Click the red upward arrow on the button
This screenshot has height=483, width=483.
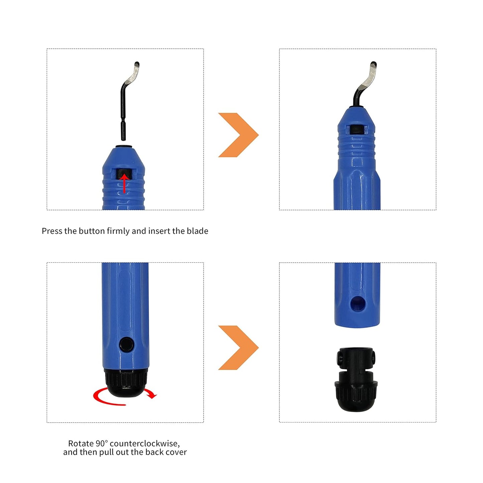click(124, 184)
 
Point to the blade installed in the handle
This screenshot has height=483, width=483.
click(364, 84)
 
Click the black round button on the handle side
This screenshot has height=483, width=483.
click(126, 344)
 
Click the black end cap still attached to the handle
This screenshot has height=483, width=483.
click(126, 383)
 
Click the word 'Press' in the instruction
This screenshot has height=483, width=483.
click(52, 231)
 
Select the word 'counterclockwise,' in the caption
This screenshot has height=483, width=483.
click(145, 444)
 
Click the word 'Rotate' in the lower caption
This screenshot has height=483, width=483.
click(81, 444)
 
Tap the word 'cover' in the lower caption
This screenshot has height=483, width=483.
click(176, 452)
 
